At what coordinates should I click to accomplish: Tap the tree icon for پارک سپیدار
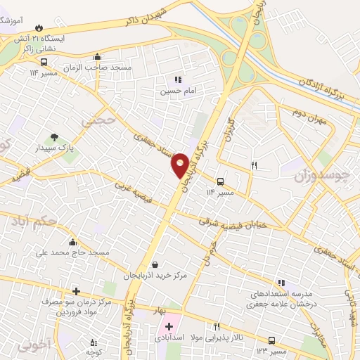click(x=53, y=136)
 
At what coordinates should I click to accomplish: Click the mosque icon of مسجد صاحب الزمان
click(x=96, y=58)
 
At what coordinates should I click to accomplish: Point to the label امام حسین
click(x=173, y=91)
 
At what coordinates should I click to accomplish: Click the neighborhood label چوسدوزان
click(x=325, y=177)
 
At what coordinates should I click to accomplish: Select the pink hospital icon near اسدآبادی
click(x=169, y=326)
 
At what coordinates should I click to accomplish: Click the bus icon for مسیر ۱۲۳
click(x=273, y=339)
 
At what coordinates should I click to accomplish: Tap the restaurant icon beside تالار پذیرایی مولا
click(x=217, y=326)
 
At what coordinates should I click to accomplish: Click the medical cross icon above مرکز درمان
click(x=76, y=290)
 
